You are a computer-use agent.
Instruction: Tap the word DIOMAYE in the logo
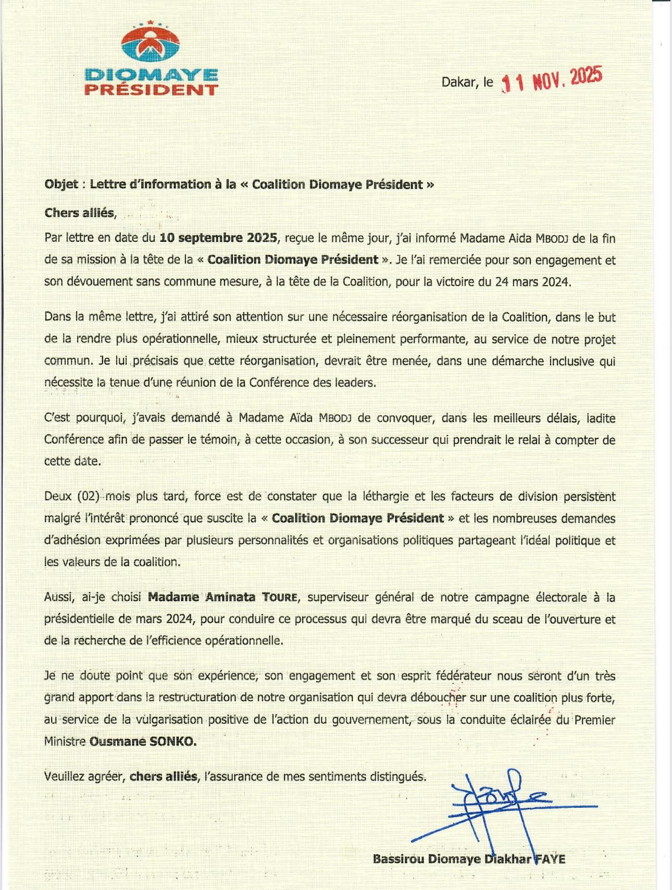(151, 75)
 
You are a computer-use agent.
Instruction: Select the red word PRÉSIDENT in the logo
(151, 90)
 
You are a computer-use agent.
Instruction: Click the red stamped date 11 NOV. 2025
(552, 80)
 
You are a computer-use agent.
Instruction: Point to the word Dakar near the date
(459, 82)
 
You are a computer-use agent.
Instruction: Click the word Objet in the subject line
(61, 184)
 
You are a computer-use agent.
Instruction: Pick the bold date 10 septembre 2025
(218, 238)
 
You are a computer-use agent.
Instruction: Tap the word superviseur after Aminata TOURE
(337, 597)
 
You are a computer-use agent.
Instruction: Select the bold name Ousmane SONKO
(143, 741)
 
